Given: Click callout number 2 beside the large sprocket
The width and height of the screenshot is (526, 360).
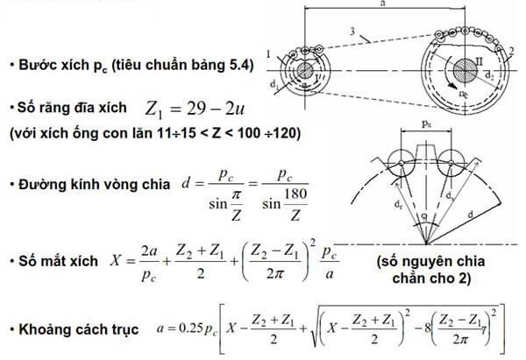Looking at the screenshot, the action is tap(511, 50).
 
